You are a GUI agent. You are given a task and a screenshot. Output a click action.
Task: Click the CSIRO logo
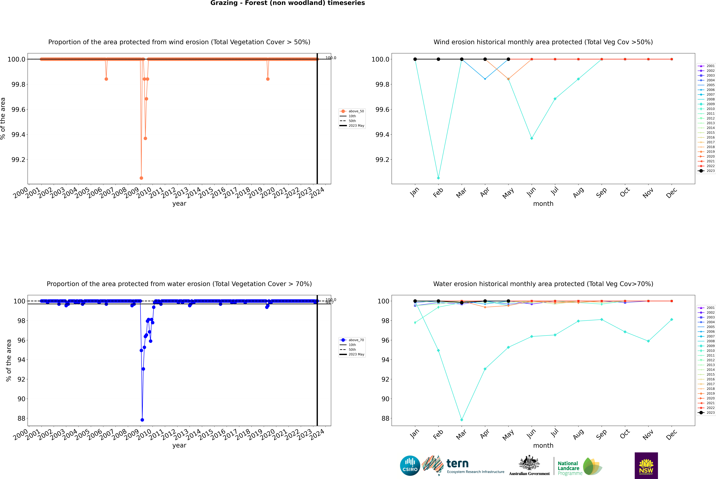410,466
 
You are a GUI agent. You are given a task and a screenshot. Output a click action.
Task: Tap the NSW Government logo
646,466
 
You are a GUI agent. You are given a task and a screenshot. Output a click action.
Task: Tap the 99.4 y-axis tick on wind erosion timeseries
18,135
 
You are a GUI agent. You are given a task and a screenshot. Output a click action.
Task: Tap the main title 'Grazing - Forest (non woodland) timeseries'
288,3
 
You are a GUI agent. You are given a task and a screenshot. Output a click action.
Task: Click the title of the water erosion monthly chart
543,284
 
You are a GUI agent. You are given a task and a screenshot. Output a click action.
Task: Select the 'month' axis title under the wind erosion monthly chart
543,204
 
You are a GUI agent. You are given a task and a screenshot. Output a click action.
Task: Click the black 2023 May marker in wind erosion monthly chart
508,59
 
